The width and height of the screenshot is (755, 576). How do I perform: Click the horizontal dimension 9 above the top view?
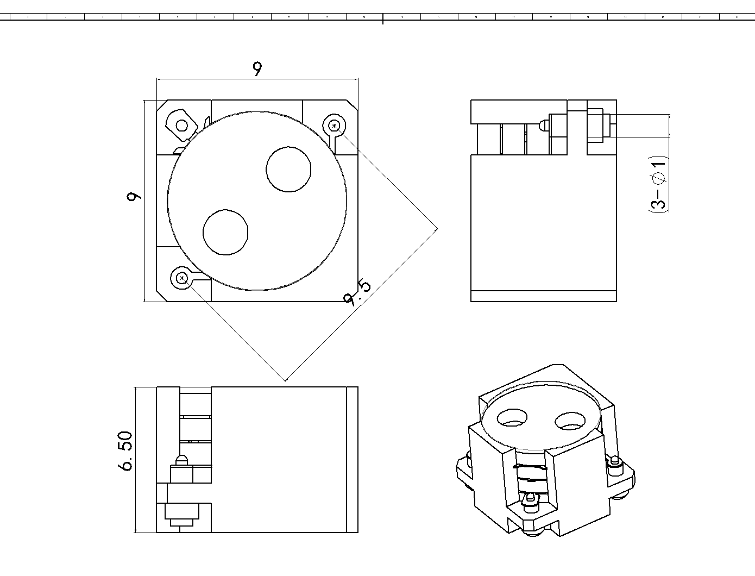click(257, 69)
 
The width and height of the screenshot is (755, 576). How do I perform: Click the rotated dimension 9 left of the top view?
click(134, 196)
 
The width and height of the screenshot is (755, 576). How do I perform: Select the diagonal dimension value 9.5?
click(357, 293)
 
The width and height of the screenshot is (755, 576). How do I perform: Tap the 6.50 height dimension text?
click(125, 451)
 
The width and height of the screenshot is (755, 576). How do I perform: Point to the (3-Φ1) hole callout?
click(658, 185)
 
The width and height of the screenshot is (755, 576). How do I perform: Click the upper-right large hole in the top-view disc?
click(289, 169)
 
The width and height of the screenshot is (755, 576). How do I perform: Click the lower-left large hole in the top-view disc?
click(225, 232)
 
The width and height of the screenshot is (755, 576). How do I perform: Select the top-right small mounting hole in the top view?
click(335, 126)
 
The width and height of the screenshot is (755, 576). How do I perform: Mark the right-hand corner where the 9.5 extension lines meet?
click(438, 229)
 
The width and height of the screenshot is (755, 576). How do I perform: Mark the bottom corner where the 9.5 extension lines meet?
click(286, 381)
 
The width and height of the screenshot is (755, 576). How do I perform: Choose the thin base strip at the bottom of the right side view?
click(543, 296)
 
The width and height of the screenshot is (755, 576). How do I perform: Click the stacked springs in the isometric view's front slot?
click(530, 478)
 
